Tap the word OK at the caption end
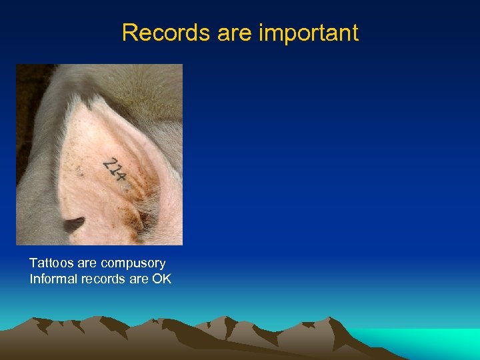[x=161, y=279]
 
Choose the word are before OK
[x=138, y=279]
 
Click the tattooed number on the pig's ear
[x=115, y=169]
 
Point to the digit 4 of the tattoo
[x=121, y=176]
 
